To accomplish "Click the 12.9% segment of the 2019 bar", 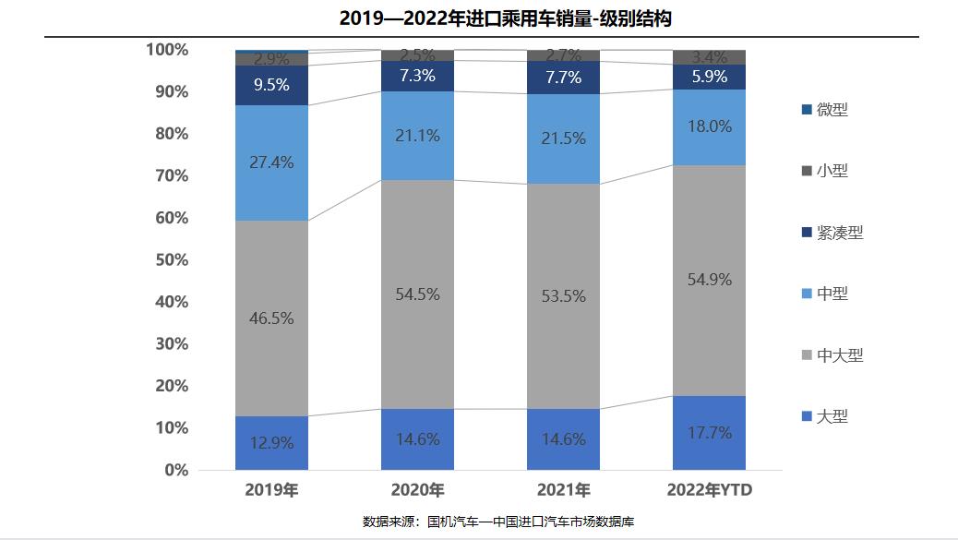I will [271, 443].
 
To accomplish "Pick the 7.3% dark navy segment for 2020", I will [417, 76].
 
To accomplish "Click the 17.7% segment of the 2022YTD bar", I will [709, 433].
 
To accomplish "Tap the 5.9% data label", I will [709, 78].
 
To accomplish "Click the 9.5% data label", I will [271, 85].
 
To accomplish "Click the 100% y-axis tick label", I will [167, 50].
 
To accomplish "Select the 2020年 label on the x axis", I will [417, 489].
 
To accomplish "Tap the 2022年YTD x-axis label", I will [709, 489].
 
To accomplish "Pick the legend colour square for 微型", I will [807, 110].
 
